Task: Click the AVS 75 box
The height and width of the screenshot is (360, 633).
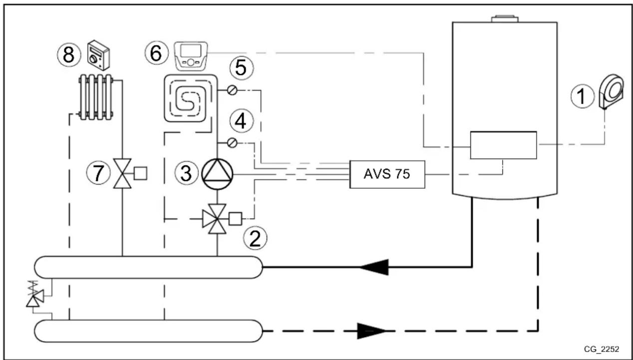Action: point(387,174)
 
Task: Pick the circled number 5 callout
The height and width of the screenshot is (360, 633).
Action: point(241,69)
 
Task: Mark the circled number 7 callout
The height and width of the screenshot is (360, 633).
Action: point(97,173)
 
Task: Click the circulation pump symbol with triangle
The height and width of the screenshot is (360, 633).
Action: point(217,174)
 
